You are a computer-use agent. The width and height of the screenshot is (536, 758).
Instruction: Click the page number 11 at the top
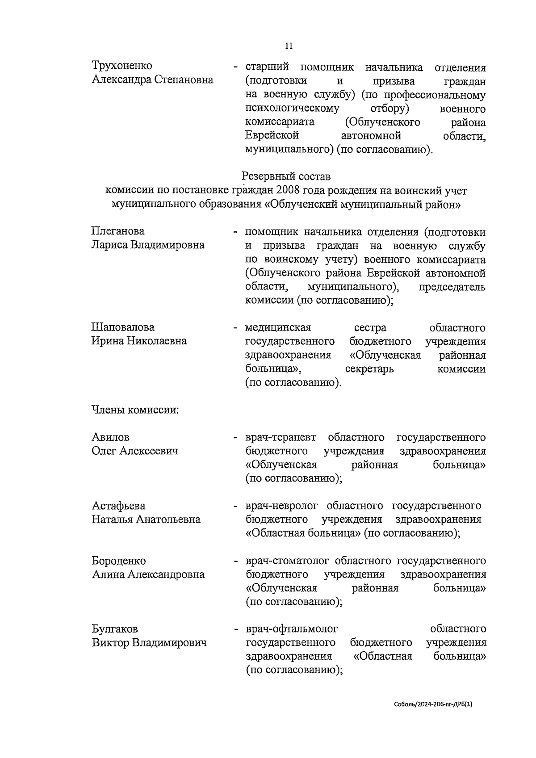(289, 46)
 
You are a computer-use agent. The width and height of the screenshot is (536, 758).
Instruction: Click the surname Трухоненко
(122, 66)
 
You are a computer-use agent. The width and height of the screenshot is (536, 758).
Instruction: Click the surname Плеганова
(118, 231)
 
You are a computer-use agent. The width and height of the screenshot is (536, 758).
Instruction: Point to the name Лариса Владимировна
(148, 245)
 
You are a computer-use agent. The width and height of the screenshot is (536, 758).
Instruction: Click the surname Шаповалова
(123, 327)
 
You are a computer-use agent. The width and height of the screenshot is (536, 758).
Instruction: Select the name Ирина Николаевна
(139, 341)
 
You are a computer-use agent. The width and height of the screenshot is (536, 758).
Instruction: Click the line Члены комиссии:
(135, 410)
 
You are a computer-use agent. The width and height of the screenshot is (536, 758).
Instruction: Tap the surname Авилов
(110, 437)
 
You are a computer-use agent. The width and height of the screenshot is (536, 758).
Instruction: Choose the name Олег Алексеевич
(134, 451)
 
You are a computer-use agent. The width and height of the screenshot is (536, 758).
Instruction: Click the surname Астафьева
(118, 506)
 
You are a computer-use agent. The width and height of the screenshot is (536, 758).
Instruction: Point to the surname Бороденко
(119, 561)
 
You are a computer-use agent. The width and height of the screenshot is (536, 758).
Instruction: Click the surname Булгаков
(115, 629)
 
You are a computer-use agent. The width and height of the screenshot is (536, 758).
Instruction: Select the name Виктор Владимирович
(149, 643)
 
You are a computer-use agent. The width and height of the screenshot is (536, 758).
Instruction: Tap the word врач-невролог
(281, 506)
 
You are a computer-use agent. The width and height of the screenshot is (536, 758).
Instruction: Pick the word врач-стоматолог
(287, 561)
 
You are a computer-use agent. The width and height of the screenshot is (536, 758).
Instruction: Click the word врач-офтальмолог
(292, 629)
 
